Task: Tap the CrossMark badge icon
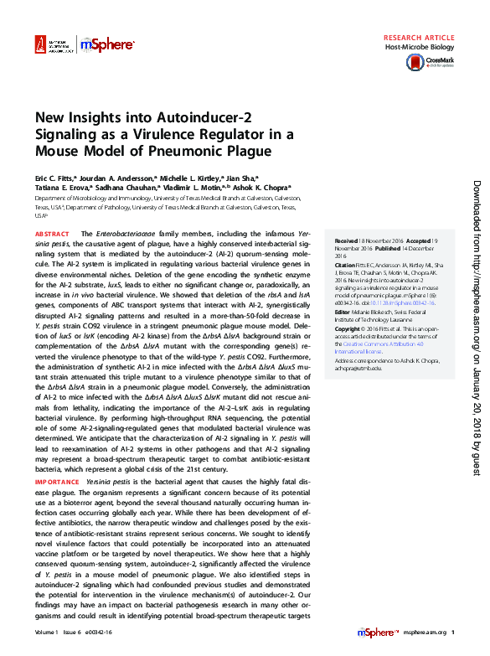pos(440,61)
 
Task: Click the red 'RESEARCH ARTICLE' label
pos(419,39)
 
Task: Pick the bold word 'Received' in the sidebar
pos(348,239)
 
